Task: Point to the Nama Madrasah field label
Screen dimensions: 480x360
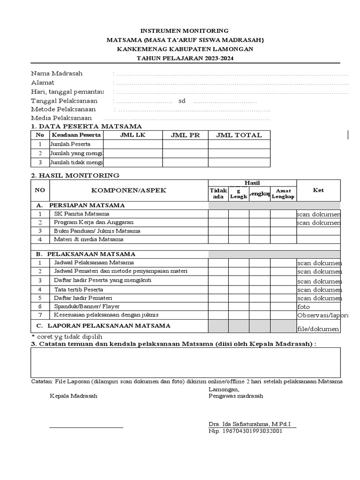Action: tap(57, 74)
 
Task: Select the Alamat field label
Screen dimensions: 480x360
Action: tap(43, 82)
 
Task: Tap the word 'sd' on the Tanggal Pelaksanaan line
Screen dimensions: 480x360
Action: tap(182, 101)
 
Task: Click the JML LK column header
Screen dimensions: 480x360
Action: tap(133, 135)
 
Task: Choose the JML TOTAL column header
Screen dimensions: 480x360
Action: tap(239, 135)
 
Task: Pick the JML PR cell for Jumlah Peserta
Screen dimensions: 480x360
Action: tap(185, 144)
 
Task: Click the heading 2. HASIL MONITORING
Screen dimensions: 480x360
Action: tap(75, 175)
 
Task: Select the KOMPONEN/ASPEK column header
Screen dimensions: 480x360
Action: tap(129, 190)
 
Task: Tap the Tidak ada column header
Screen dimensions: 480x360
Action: tap(218, 194)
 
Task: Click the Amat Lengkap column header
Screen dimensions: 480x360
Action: tap(283, 194)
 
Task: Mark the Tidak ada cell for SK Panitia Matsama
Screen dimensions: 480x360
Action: tap(218, 214)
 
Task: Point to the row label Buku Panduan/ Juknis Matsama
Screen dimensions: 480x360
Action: tap(97, 231)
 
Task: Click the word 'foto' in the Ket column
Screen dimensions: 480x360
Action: tap(303, 307)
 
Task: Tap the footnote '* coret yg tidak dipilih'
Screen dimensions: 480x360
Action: tap(67, 337)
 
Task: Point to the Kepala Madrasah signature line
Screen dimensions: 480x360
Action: tap(87, 427)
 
